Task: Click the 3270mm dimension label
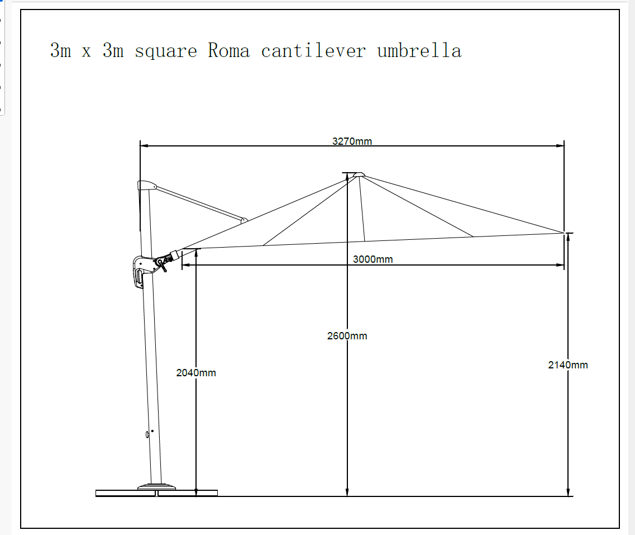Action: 352,141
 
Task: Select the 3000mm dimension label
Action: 373,259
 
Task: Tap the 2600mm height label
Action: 347,335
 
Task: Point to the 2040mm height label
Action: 196,372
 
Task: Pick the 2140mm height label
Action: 568,364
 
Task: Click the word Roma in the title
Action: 229,51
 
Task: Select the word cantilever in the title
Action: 313,50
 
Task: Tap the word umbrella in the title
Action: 419,50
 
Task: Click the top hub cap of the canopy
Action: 359,174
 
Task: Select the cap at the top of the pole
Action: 146,185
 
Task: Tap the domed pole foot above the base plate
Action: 157,486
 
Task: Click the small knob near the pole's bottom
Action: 147,434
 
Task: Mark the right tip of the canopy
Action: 564,233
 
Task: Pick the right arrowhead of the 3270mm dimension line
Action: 560,145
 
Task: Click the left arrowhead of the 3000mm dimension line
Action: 187,265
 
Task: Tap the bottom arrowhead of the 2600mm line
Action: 347,492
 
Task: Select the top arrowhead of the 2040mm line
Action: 196,253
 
